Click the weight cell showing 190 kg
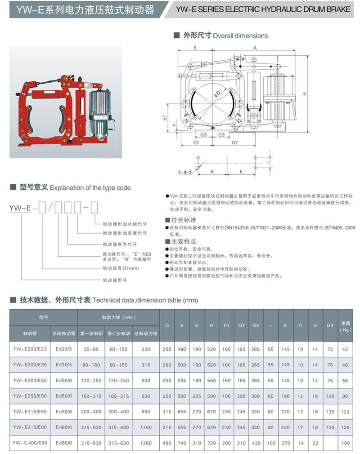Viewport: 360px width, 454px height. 346,443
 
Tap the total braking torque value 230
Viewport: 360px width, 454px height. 145,349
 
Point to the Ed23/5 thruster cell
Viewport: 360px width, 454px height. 63,349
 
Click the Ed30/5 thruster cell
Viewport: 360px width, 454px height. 63,365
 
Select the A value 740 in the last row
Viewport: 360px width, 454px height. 182,443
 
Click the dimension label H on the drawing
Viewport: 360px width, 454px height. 305,93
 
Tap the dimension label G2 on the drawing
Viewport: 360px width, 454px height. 234,142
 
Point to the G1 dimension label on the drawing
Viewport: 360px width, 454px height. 196,142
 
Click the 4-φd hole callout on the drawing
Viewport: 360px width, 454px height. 185,172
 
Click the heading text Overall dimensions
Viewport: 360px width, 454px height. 240,36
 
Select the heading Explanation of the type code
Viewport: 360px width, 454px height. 90,187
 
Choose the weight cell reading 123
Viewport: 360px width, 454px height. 346,412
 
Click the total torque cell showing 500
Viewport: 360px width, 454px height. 145,380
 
